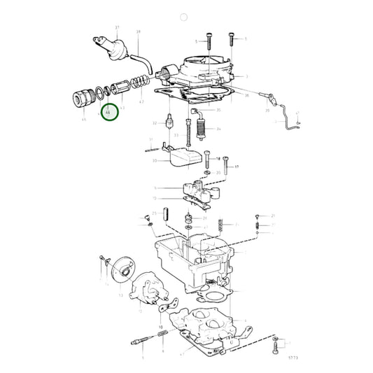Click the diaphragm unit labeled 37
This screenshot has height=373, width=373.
[x=111, y=47]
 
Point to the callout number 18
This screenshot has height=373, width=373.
[x=218, y=159]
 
